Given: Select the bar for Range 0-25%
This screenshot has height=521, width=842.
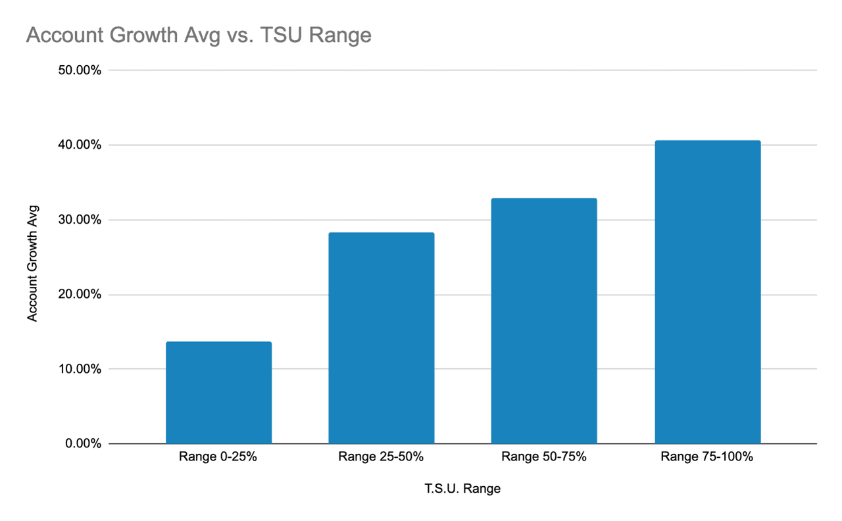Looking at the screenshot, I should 218,393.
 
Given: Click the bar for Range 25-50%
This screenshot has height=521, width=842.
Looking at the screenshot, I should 381,338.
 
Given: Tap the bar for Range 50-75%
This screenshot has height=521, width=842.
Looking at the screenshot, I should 544,321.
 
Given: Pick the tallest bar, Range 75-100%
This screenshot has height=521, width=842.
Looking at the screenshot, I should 707,292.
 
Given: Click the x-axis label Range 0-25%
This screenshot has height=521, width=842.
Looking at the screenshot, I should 218,457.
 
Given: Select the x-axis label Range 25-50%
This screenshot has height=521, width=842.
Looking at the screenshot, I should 381,457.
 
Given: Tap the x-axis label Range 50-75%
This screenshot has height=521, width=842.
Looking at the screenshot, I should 543,457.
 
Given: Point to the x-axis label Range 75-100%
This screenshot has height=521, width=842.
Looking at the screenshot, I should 706,457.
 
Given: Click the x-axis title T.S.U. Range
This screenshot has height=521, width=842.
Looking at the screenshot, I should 462,489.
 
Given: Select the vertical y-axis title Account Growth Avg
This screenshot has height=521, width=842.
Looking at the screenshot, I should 32,263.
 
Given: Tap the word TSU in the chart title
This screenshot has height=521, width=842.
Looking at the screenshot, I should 282,35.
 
